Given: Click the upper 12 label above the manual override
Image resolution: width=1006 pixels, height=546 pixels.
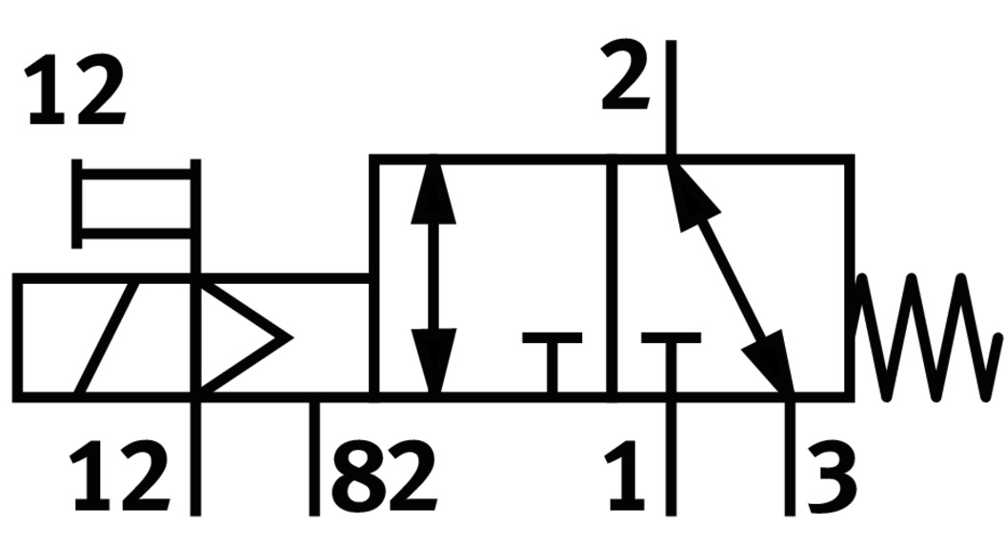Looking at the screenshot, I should point(75,92).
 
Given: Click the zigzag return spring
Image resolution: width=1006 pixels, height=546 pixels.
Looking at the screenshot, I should point(926,336).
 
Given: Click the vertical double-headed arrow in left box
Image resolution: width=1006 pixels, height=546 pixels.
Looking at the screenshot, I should point(433,276).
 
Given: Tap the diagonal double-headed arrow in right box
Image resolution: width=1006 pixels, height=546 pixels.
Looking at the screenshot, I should point(732,276).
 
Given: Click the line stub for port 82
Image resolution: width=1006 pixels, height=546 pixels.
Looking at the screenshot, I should point(314,457).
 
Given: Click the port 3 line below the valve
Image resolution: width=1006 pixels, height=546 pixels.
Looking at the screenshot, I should point(789,457).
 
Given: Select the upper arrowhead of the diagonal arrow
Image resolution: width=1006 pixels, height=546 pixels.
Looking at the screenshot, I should point(683,191).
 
